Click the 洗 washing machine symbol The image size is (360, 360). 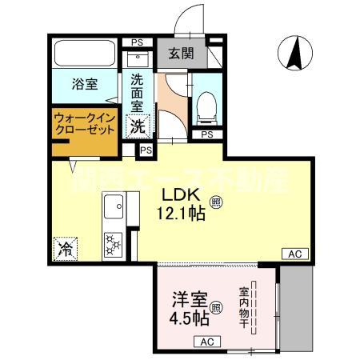pos(138,125)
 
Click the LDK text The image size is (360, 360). pos(181,194)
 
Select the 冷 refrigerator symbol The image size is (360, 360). pos(63,247)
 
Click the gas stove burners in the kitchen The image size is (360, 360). pos(112,241)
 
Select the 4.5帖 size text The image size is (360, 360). pos(190,318)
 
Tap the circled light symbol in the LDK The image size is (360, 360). pos(216,202)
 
